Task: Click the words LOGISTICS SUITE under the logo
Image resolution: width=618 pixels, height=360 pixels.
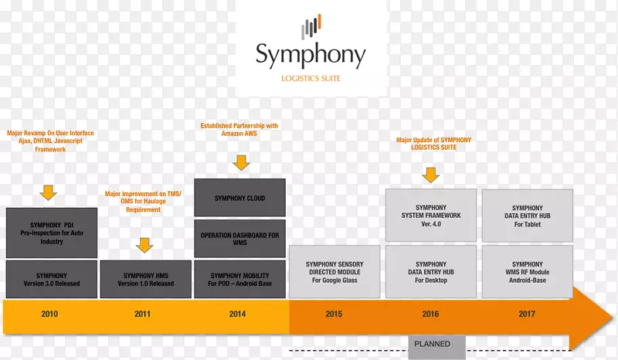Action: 311,78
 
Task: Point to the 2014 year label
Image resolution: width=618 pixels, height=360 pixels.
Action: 239,314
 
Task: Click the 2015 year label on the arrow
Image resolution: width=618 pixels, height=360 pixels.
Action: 334,314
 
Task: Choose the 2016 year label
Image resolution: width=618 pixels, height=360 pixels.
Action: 430,314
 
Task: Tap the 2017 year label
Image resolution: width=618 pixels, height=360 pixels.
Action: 527,314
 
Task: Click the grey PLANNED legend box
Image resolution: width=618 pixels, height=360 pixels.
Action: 432,344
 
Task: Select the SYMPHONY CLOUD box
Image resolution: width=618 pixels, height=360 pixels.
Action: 239,199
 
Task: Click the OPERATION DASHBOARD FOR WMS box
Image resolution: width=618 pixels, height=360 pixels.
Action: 239,239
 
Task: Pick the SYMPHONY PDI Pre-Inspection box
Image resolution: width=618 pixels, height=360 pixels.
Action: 52,233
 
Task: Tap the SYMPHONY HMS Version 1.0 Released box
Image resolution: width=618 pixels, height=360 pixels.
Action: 145,279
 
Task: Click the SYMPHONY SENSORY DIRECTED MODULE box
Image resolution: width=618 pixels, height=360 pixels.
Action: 334,272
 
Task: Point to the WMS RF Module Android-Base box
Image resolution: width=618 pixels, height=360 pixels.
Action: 527,272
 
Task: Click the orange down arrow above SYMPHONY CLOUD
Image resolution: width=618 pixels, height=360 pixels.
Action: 241,162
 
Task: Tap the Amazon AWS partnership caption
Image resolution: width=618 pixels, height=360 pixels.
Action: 239,130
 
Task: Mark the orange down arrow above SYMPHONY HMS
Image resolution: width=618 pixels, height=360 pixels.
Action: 144,244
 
